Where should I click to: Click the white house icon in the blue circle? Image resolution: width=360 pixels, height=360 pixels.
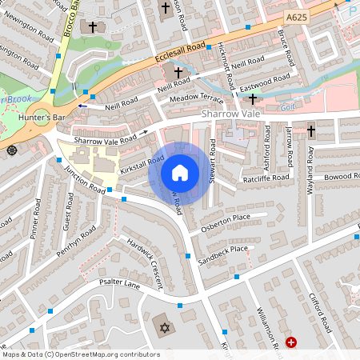pyautogui.click(x=180, y=172)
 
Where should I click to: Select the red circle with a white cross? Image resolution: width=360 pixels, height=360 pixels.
pyautogui.click(x=291, y=342)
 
